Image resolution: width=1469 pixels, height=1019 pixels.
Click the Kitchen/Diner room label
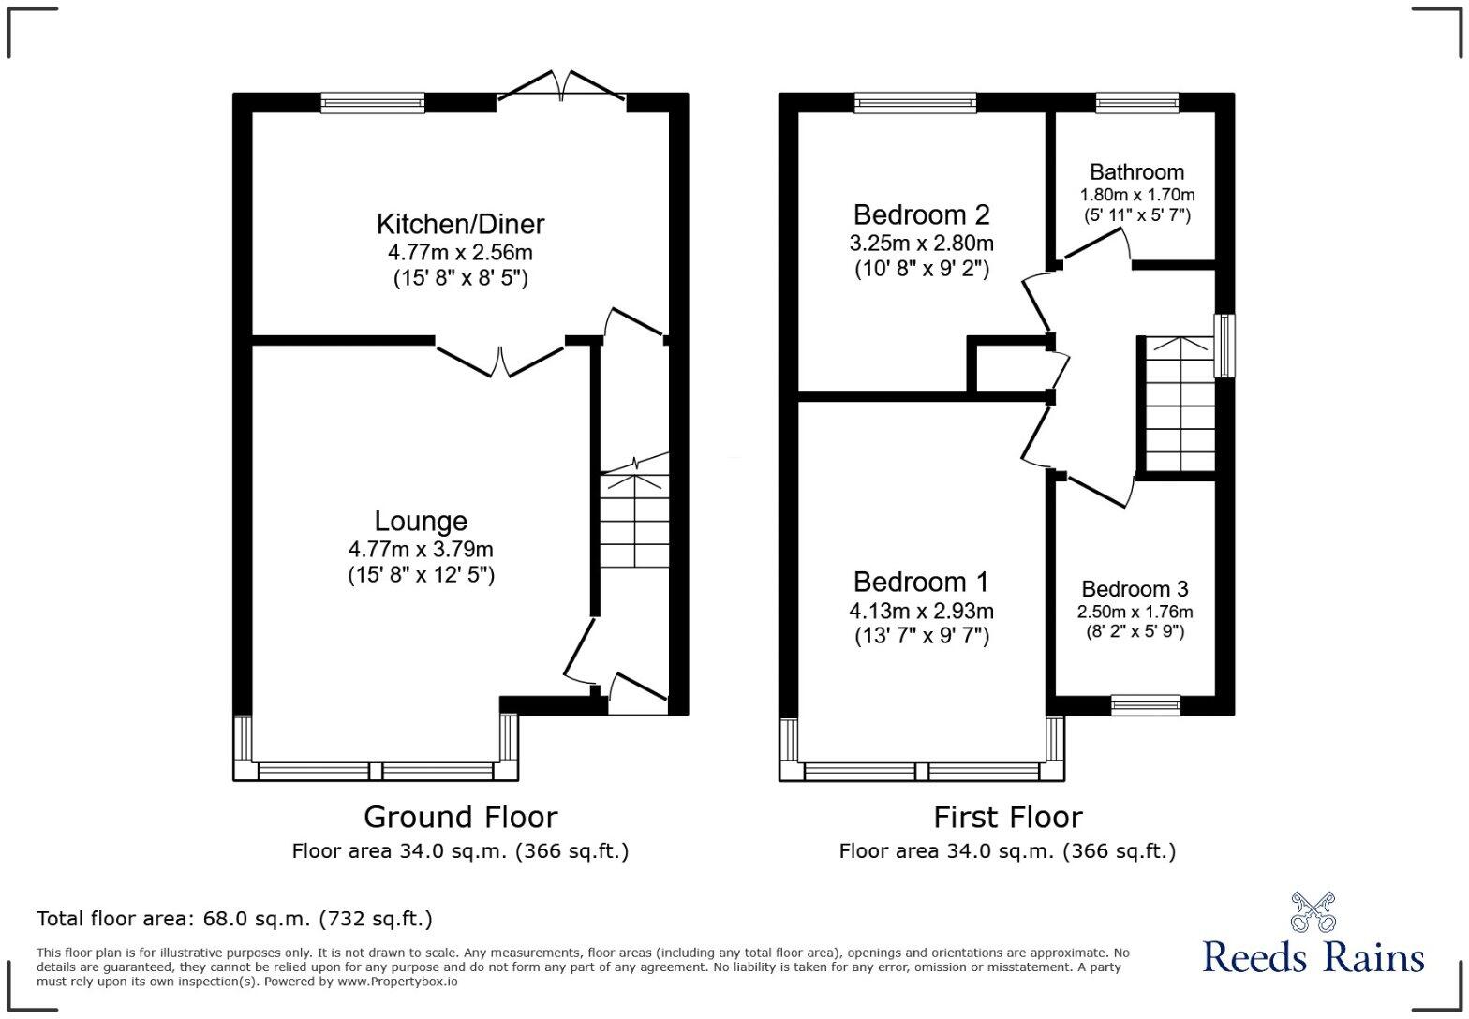(460, 224)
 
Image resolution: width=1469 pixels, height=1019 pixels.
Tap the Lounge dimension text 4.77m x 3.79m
(421, 549)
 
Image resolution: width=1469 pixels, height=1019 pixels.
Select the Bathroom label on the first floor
(1136, 172)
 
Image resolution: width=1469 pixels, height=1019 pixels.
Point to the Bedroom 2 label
(921, 214)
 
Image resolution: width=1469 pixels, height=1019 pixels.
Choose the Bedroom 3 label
(1135, 589)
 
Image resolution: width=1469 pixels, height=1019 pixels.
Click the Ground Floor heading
(460, 817)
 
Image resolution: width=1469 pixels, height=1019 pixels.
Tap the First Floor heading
(1007, 817)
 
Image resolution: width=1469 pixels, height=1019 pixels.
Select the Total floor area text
(234, 918)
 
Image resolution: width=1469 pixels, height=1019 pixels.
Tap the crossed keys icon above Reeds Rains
(1313, 911)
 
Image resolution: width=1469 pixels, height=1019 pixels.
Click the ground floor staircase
(635, 520)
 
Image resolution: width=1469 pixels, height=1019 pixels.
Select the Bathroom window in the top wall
(1137, 103)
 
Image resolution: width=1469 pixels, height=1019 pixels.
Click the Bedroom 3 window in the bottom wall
(1145, 705)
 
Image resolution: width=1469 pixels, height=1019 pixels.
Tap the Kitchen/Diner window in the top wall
(373, 103)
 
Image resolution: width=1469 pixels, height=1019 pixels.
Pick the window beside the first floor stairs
(1224, 346)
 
